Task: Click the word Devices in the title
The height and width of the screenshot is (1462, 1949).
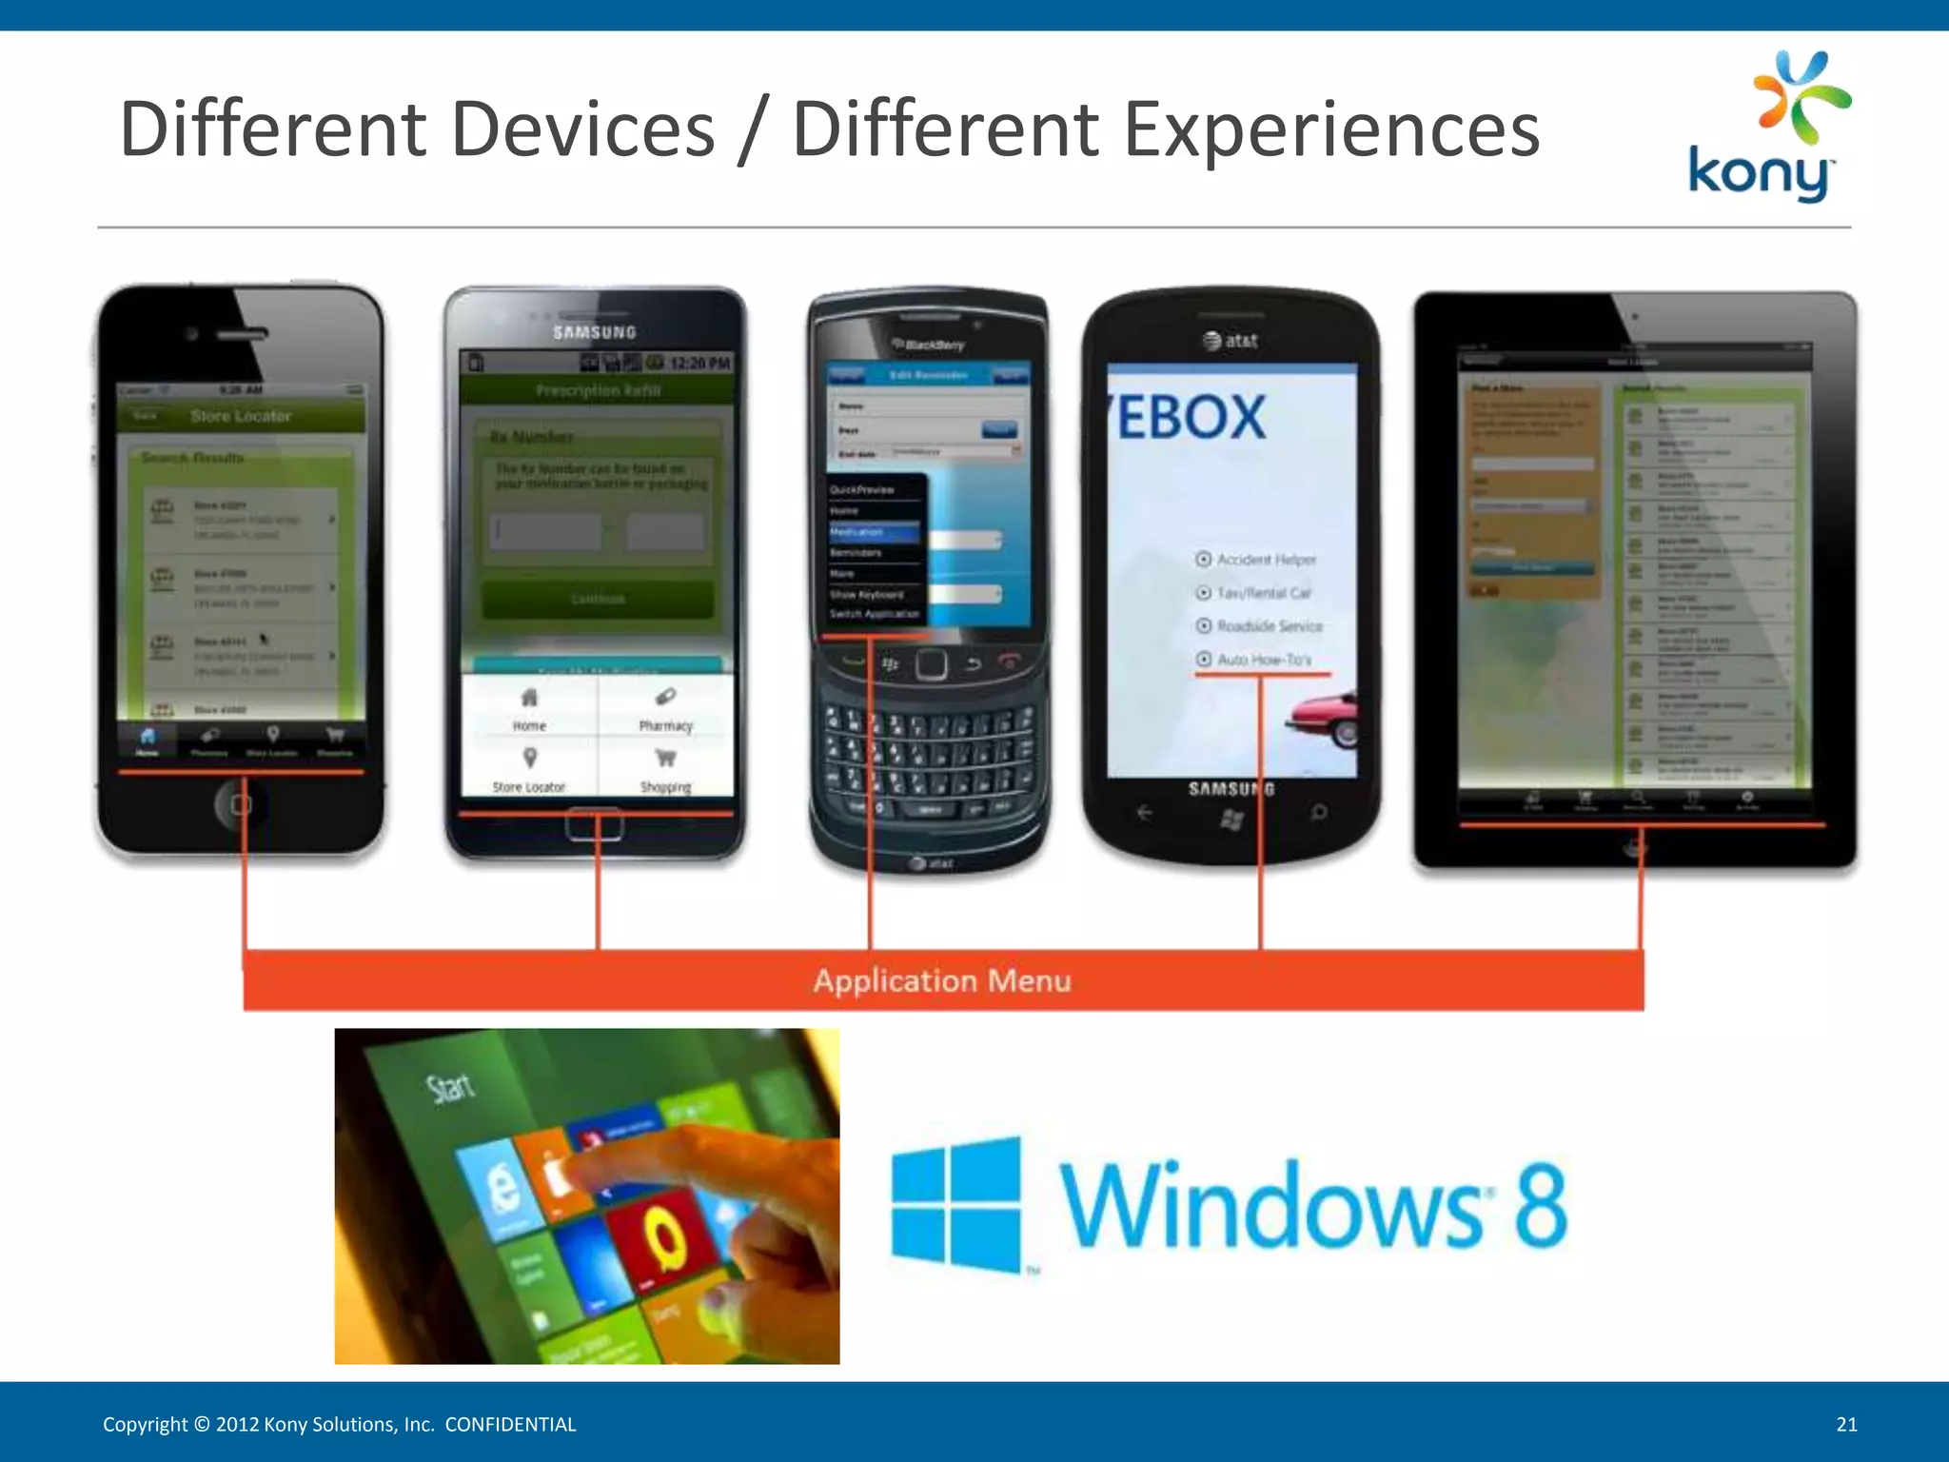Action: click(x=582, y=129)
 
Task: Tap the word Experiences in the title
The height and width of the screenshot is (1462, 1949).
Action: click(x=1331, y=129)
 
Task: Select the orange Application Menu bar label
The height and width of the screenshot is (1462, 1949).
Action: click(x=942, y=980)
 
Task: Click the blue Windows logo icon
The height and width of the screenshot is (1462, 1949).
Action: click(x=955, y=1203)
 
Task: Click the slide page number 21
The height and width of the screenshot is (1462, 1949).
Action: click(x=1846, y=1424)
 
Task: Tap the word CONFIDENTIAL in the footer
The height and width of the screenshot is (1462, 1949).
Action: click(x=510, y=1424)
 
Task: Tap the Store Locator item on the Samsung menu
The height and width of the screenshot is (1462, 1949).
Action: click(x=529, y=770)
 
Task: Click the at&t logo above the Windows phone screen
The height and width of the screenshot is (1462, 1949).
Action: click(x=1230, y=340)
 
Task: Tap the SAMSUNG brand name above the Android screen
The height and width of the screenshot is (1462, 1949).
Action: click(x=595, y=332)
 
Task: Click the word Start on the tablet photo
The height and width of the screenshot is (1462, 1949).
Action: click(x=449, y=1087)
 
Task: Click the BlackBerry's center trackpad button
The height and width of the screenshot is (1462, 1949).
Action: click(x=931, y=663)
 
